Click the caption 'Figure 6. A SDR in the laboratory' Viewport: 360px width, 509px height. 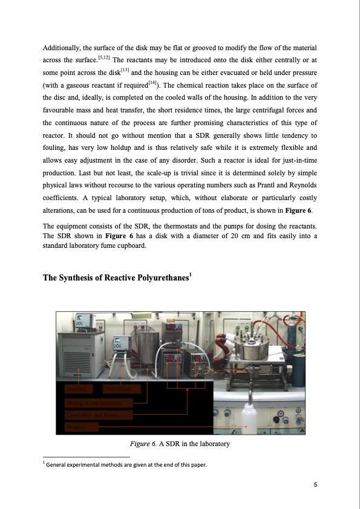[180, 444]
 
